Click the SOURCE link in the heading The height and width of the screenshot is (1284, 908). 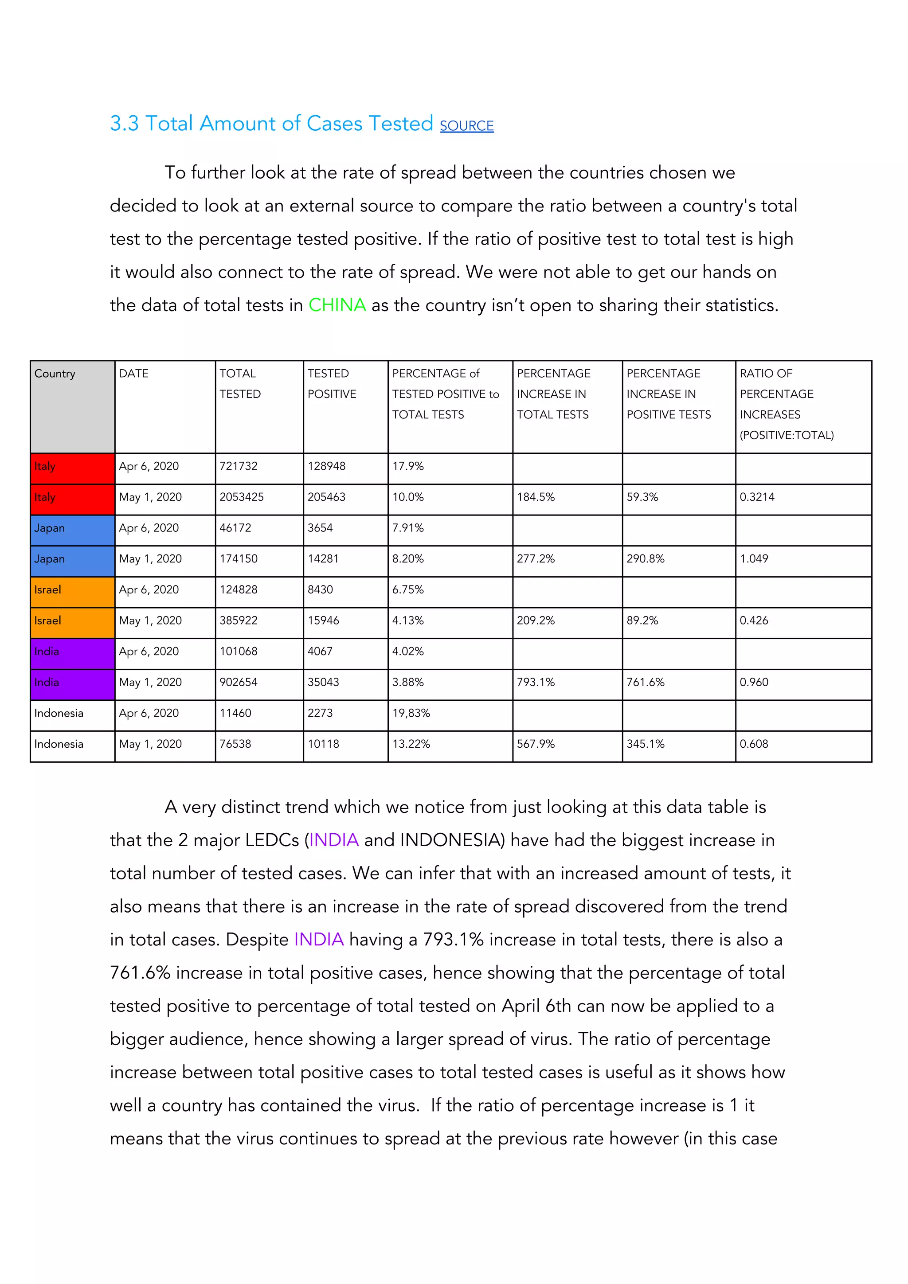466,126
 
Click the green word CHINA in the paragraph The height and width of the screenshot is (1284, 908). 337,305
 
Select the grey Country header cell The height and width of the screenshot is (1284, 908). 72,406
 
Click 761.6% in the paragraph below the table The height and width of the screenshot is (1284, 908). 140,973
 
